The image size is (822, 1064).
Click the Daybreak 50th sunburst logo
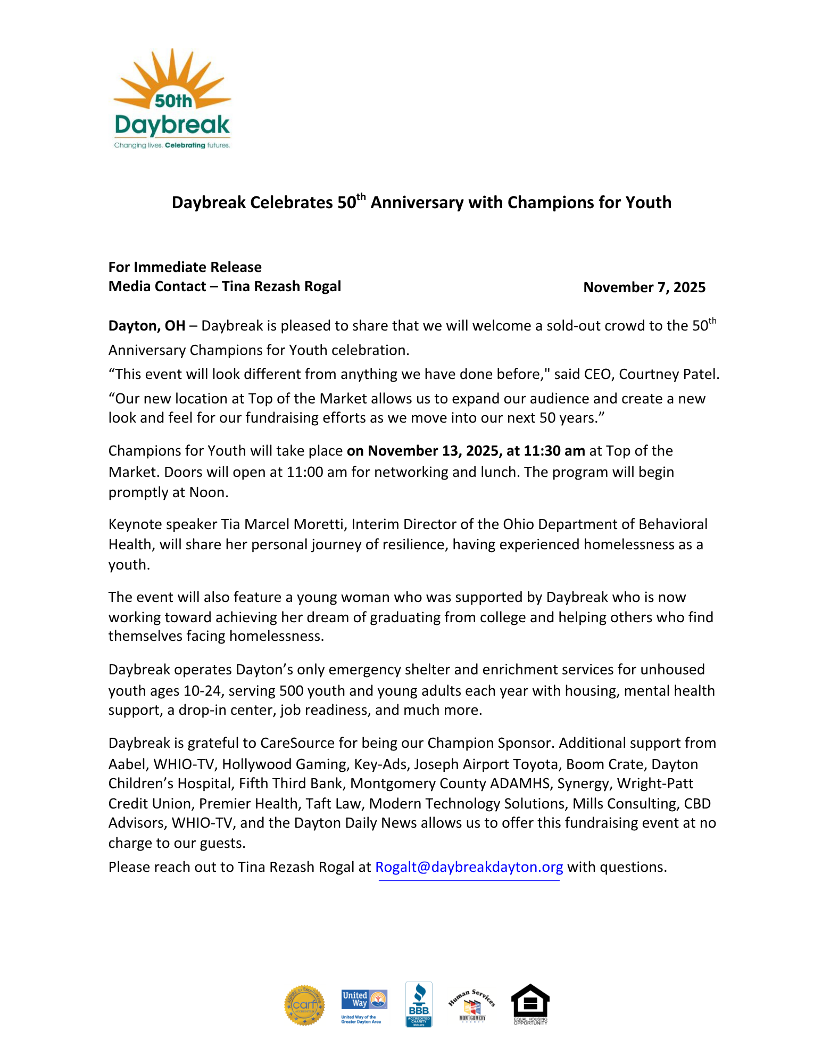(x=172, y=98)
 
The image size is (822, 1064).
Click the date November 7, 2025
(x=644, y=287)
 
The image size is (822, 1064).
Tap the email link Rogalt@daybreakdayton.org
(x=469, y=867)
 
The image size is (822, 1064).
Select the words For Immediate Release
(x=185, y=267)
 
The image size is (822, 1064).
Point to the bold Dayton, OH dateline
(x=147, y=326)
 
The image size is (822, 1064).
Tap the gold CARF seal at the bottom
(x=304, y=1004)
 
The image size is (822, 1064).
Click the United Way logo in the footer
(x=364, y=1004)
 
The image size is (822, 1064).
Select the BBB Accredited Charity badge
(x=419, y=1004)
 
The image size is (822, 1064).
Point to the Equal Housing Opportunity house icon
(x=530, y=1004)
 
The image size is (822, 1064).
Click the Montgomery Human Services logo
(x=472, y=1005)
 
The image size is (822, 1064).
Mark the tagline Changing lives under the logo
(x=138, y=145)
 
